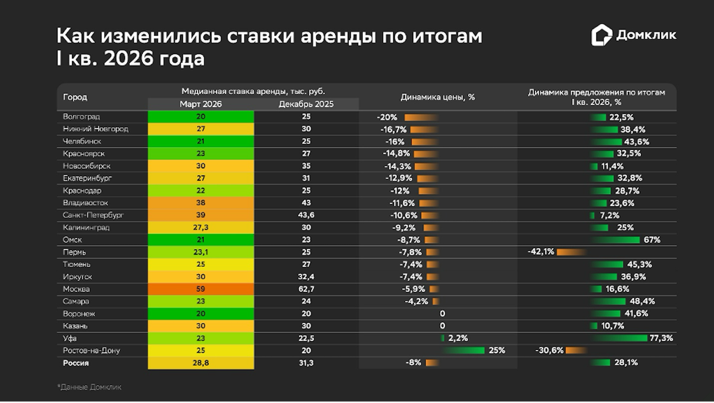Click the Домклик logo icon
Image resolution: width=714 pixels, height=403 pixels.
602,35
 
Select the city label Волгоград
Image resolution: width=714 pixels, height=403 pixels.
82,117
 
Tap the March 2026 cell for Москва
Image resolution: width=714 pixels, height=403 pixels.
201,289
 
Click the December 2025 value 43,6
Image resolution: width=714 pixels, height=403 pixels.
306,215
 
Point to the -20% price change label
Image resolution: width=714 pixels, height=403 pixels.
387,117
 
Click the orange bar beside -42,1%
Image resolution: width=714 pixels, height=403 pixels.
571,252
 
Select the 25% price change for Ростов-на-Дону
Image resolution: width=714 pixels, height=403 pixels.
497,351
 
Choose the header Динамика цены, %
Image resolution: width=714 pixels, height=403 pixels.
437,97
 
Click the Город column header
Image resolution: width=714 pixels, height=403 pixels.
75,97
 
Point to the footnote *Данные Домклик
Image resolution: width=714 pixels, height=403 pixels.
89,387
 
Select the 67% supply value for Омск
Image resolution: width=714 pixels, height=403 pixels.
652,240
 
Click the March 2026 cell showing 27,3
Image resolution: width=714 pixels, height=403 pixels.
201,228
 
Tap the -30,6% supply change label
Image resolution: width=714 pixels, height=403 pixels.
549,351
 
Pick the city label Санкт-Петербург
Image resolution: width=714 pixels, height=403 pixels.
93,215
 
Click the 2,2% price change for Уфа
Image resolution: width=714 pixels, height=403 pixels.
458,338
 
